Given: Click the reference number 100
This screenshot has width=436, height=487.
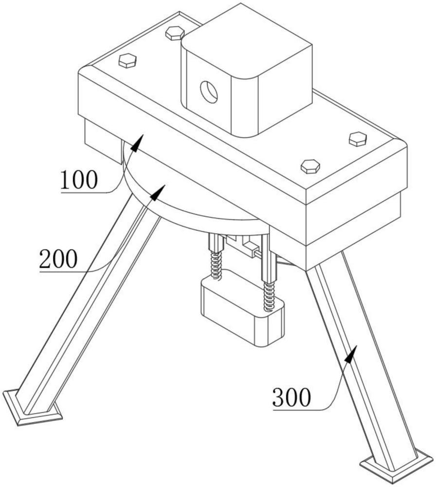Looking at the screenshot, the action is click(79, 180).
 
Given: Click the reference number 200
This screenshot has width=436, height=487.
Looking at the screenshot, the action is click(58, 259).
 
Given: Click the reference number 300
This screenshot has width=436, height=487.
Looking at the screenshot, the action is click(291, 397).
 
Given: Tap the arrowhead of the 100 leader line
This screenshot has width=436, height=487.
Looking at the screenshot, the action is click(138, 143).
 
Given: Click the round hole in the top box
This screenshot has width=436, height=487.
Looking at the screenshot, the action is click(209, 92).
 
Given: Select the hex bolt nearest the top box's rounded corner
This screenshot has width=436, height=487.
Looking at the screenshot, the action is click(175, 33).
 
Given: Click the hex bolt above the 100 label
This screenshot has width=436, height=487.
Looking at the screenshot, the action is click(127, 60).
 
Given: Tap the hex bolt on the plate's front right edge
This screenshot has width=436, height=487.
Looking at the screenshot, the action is click(310, 167).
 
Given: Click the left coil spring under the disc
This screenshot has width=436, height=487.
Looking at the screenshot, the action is click(216, 264).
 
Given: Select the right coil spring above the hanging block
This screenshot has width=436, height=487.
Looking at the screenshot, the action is click(269, 296).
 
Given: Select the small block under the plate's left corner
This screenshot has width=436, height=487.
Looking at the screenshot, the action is click(102, 142).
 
